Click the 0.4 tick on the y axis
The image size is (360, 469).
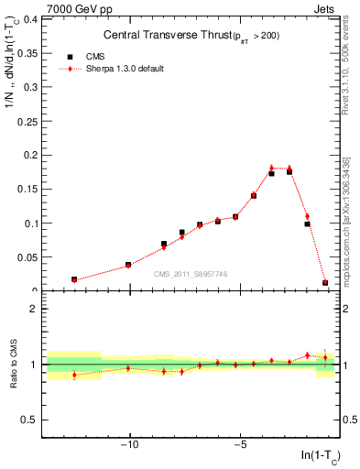tap(29, 18)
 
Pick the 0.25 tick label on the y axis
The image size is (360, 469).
tap(26, 121)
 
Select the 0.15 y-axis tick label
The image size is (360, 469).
tap(26, 189)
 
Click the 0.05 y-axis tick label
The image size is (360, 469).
tap(26, 257)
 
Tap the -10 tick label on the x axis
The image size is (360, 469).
tap(130, 446)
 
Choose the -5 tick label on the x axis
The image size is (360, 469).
tap(240, 446)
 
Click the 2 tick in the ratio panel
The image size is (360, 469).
tap(33, 309)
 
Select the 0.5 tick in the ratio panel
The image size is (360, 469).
tap(29, 420)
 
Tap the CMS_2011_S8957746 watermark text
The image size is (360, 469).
tap(191, 274)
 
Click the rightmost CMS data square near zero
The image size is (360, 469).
tap(325, 283)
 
